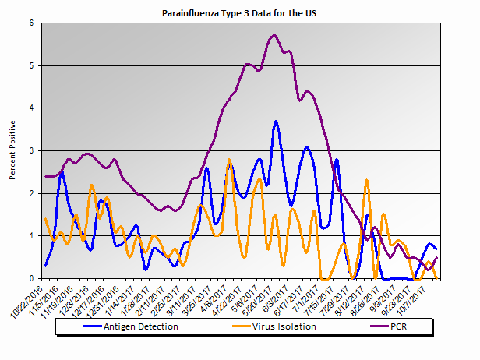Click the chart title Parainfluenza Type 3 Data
(239, 13)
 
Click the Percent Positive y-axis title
(13, 150)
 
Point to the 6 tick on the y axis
(30, 23)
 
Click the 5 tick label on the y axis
(30, 65)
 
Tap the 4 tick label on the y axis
(30, 108)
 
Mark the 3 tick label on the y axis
(30, 150)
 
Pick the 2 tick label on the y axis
(30, 193)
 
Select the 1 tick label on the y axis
(30, 235)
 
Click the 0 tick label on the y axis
(30, 278)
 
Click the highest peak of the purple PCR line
(274, 35)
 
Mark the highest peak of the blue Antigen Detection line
(276, 122)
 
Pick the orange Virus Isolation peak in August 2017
(366, 180)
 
